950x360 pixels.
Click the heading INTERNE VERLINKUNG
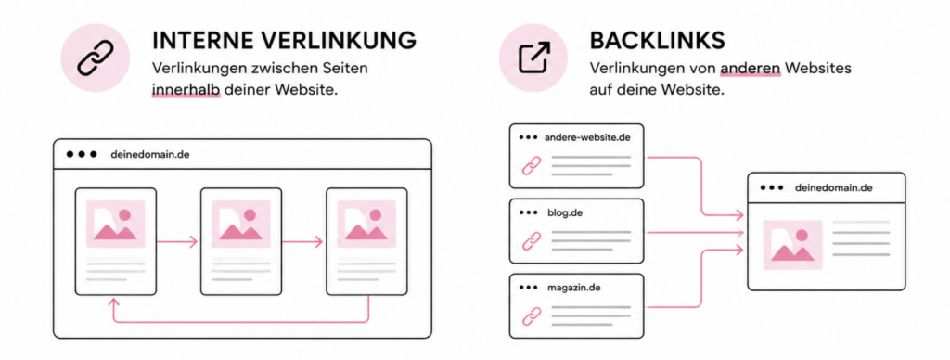(284, 40)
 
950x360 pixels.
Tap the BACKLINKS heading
(657, 40)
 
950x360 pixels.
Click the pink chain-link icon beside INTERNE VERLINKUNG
(96, 58)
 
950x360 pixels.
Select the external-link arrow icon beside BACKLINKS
(533, 58)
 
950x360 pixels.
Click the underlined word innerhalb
(186, 91)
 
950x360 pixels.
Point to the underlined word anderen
(750, 69)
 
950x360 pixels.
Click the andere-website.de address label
(587, 137)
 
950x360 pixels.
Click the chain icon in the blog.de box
(532, 240)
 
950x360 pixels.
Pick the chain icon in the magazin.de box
(532, 315)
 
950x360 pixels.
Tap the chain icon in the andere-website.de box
(532, 165)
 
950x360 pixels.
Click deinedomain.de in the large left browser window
(150, 154)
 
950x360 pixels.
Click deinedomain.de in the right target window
(834, 187)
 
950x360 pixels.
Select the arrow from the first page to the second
(177, 242)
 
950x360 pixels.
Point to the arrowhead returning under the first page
(113, 301)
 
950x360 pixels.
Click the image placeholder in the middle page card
(240, 224)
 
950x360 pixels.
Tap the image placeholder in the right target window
(793, 245)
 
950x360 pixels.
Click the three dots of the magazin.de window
(528, 288)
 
